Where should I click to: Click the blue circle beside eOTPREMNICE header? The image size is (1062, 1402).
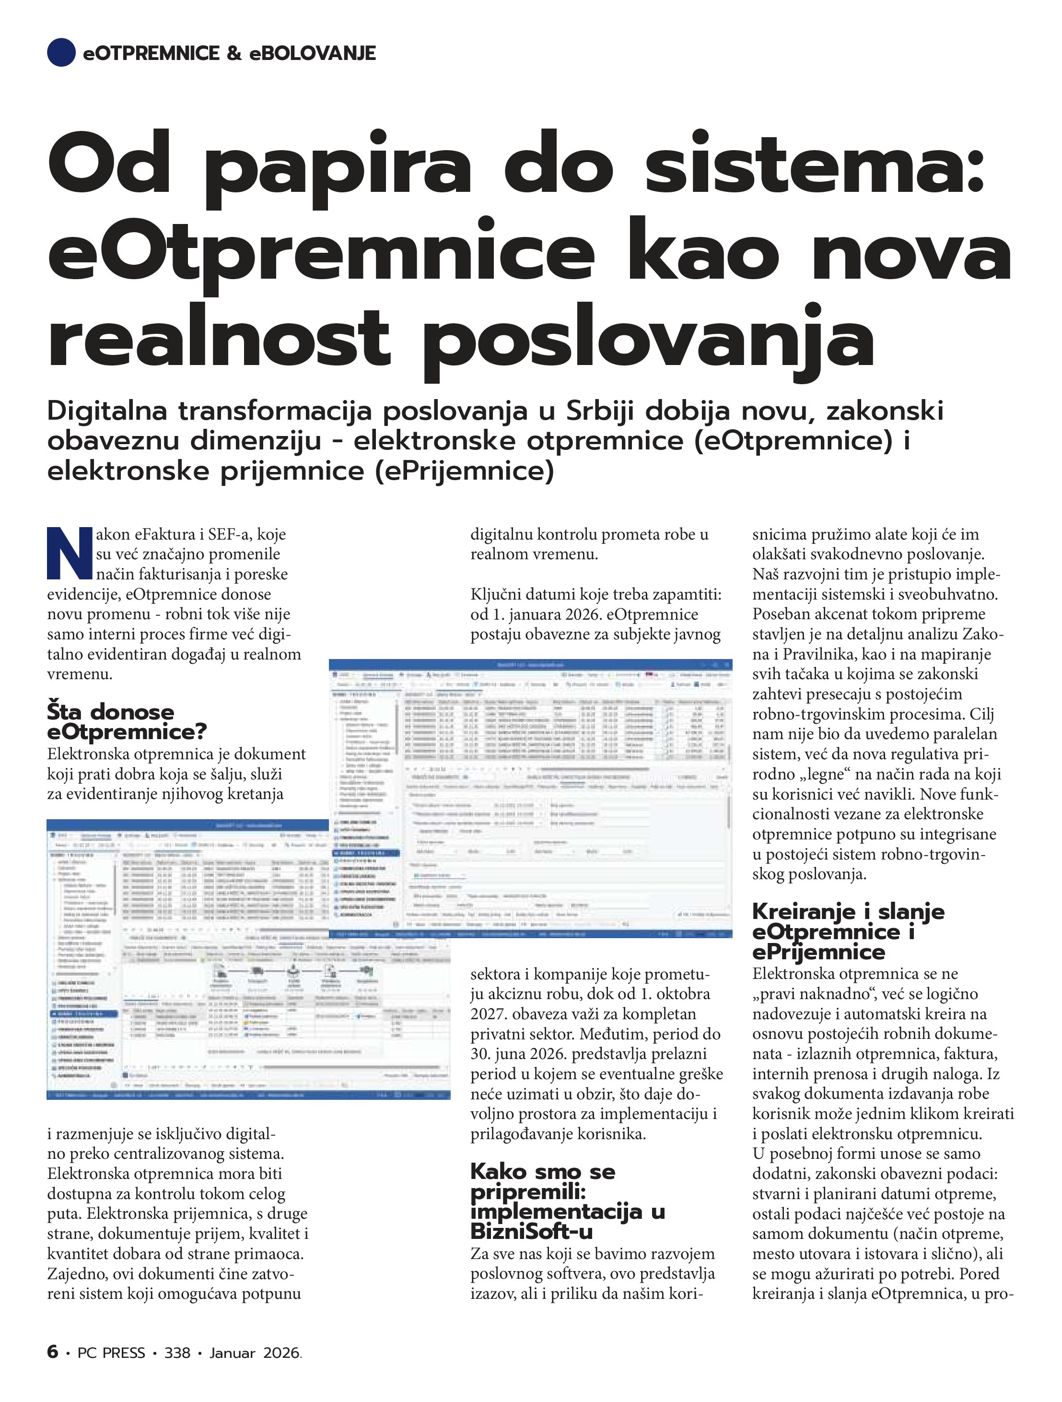[61, 53]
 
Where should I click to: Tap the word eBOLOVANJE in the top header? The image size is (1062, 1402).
[313, 53]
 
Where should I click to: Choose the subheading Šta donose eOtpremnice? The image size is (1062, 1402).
[127, 721]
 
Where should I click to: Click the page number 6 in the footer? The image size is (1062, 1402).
[53, 1352]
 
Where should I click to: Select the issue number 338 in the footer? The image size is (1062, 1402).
[177, 1353]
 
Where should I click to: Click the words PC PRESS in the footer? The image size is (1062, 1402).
[111, 1353]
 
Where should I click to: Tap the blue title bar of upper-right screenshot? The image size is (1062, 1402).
[530, 664]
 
